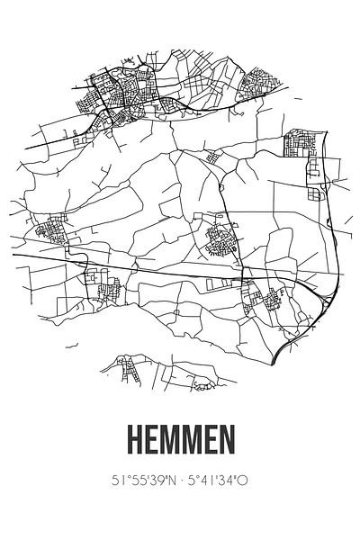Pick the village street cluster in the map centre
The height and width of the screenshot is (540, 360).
click(x=219, y=239)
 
